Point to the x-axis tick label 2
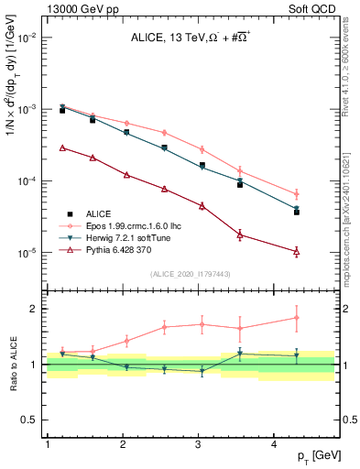click(x=123, y=444)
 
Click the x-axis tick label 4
click(x=275, y=444)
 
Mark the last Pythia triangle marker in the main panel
click(x=297, y=251)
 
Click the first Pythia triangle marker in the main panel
click(x=62, y=147)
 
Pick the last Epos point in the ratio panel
click(x=297, y=318)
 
